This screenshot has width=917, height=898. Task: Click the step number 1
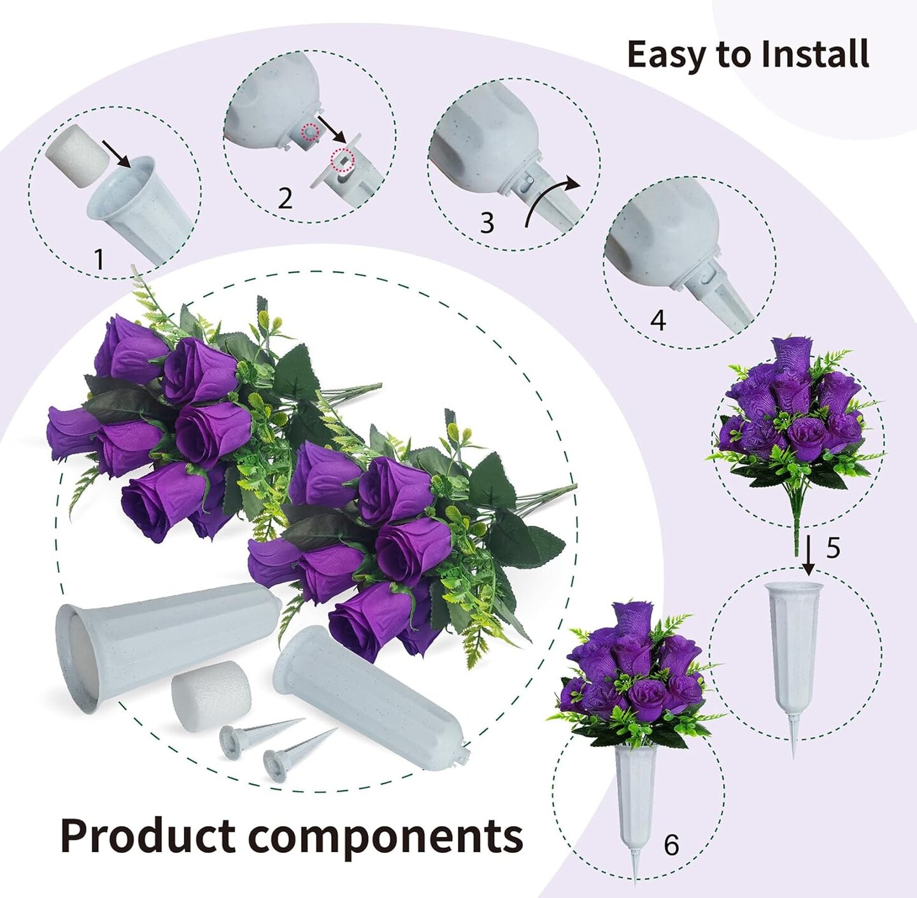coord(99,259)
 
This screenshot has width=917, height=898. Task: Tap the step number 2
coord(285,199)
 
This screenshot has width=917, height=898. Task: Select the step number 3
coord(487,223)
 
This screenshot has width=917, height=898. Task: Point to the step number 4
coord(658,320)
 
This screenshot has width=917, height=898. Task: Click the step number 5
coord(833,548)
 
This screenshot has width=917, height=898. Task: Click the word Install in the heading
coord(814,54)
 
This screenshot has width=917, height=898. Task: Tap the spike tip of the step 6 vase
coord(635,883)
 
